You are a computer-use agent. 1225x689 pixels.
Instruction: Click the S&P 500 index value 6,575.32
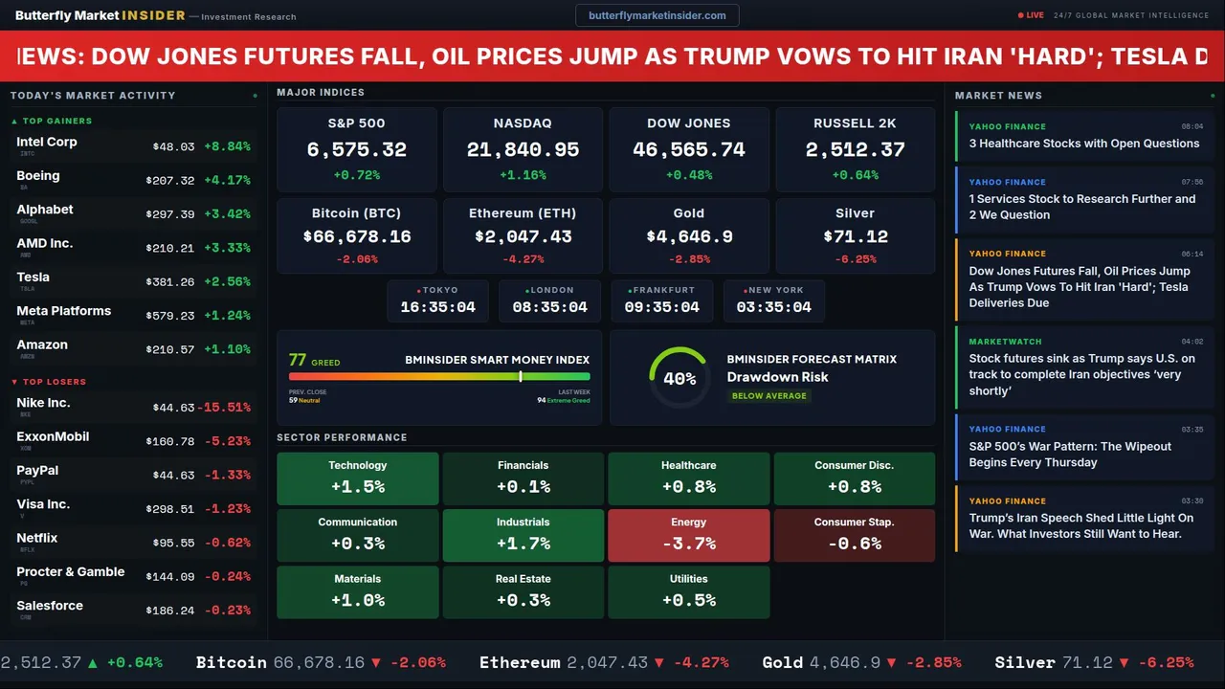pos(357,150)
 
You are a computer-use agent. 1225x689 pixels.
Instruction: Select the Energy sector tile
pos(688,534)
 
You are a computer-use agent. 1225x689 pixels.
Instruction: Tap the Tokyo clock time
pos(437,307)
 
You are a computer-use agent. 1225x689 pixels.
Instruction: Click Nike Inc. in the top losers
pos(43,403)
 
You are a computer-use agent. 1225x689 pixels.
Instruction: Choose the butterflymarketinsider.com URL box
pos(657,15)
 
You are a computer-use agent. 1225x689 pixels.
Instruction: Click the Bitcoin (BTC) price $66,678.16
pos(357,236)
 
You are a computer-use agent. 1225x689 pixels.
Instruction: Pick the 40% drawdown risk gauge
pos(679,379)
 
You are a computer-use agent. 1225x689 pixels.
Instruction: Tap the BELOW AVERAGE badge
pos(768,395)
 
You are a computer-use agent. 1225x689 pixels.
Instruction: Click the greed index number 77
pos(298,360)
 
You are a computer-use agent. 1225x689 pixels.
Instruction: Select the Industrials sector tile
pos(523,534)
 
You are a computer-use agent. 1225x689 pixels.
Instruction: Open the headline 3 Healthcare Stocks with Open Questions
pos(1083,144)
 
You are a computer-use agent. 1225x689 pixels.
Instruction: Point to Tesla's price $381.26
pos(173,282)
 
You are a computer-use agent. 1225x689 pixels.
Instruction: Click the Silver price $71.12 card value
pos(855,236)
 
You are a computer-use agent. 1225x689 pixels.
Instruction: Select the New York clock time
pos(773,307)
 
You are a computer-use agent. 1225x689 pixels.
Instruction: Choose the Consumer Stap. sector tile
pos(854,534)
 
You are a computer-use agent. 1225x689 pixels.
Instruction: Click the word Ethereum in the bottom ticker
pos(520,662)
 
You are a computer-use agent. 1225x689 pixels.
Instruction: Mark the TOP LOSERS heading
pos(54,382)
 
